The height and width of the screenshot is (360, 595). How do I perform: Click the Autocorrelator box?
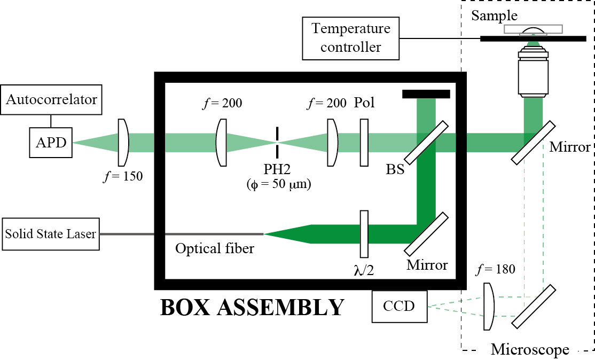pos(52,99)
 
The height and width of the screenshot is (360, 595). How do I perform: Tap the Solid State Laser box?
pos(51,234)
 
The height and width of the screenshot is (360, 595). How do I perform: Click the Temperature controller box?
pos(351,39)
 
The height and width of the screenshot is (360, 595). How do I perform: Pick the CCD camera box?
pos(400,307)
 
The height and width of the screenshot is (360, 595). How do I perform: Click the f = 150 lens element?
pos(123,143)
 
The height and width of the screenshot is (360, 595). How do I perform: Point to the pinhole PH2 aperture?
pos(277,142)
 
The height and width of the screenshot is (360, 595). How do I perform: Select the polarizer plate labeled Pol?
pos(364,143)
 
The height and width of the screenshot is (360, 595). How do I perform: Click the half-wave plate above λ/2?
pos(364,233)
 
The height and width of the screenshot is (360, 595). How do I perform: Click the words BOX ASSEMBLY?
pos(253,308)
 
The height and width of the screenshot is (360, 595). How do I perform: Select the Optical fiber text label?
pos(215,249)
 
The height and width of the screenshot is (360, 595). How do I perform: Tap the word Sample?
pos(494,16)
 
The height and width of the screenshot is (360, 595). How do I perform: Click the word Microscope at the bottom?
pos(530,350)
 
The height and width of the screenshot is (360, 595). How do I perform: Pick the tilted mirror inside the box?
pos(426,233)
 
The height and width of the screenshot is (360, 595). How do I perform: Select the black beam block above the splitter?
pos(426,94)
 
